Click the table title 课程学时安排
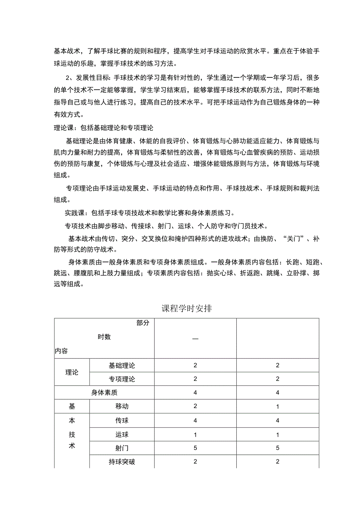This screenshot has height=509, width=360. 187,308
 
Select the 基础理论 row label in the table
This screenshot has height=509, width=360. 122,365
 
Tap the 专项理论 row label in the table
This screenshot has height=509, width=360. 122,379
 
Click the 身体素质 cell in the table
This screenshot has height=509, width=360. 104,392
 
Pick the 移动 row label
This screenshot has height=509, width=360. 122,406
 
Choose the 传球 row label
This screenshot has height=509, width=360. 122,421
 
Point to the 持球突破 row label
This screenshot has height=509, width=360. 122,462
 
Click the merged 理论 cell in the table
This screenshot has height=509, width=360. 72,372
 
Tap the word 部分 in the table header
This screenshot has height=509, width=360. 143,323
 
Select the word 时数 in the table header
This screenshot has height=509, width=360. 104,337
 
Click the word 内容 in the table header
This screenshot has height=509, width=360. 61,351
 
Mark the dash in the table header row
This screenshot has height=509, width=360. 195,338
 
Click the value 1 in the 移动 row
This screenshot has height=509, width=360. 277,406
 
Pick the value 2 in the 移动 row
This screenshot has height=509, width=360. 195,406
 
